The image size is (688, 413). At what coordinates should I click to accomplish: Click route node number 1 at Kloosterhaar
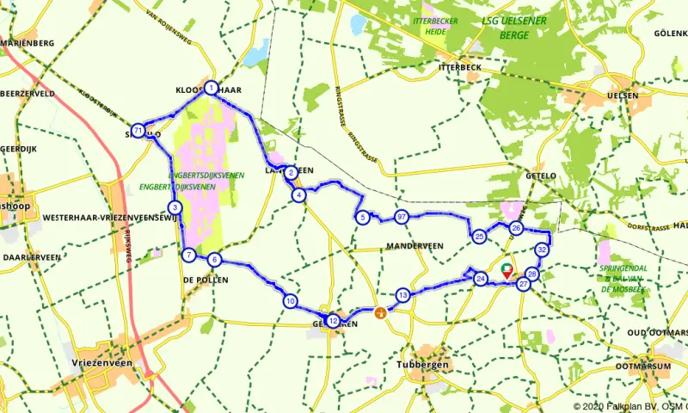tap(211, 87)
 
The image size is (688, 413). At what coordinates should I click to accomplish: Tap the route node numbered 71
tap(138, 130)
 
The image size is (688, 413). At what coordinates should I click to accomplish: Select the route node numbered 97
tap(401, 216)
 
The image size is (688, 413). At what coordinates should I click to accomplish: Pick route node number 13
tap(402, 295)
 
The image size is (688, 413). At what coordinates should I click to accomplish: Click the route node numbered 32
tap(542, 250)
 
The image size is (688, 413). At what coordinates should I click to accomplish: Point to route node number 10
tap(290, 301)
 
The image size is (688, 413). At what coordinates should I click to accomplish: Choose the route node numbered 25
tap(479, 236)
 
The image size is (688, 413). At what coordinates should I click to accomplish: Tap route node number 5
tap(364, 217)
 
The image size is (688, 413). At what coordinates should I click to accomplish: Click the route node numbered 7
tap(188, 254)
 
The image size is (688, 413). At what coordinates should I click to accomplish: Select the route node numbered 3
tap(175, 207)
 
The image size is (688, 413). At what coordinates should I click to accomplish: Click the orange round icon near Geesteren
tap(378, 312)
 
